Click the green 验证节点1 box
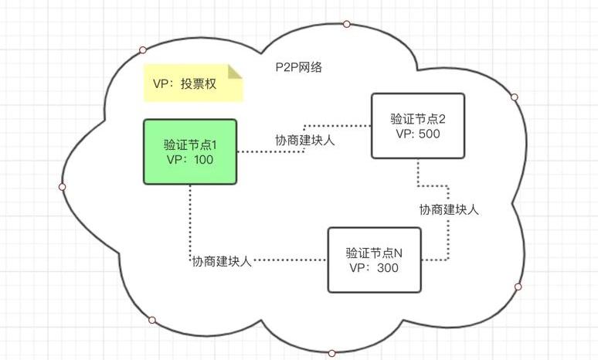pos(190,151)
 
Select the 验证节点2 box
pos(417,126)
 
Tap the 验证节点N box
pos(375,260)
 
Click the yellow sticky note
pos(192,84)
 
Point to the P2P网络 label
pos(298,68)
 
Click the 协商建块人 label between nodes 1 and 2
pos(310,141)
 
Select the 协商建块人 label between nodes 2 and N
pos(450,209)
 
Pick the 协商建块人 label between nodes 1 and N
pos(223,261)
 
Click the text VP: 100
pos(190,160)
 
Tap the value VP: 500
pos(417,133)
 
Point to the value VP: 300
pos(375,267)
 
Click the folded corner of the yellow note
pos(235,72)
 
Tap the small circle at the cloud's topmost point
pos(347,24)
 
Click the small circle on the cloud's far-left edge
pos(63,187)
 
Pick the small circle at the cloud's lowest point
pos(332,353)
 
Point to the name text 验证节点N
pos(375,252)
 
